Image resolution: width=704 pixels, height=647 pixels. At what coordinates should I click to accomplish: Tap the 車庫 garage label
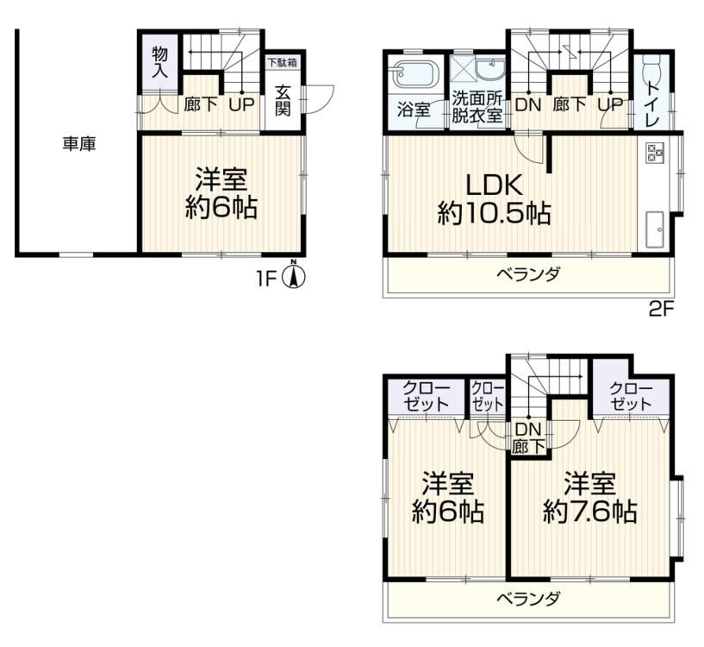[x=79, y=144]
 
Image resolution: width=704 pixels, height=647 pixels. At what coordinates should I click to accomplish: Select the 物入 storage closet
[x=159, y=62]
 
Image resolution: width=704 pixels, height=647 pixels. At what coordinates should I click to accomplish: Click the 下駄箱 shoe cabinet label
[x=283, y=61]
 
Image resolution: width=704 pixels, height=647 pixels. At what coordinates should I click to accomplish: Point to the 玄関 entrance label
[x=283, y=100]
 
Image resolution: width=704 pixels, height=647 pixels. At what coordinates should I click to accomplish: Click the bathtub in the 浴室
[x=414, y=74]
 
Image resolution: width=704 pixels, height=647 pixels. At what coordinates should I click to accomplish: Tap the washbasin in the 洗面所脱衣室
[x=490, y=70]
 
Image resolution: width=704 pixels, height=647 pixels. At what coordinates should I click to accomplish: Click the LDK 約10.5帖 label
[x=494, y=199]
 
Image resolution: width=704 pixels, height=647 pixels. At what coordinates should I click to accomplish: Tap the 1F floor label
[x=265, y=279]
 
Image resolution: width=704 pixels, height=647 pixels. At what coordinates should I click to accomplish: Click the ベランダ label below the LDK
[x=528, y=273]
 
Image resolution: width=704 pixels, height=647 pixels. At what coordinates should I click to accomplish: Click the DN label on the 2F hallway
[x=528, y=104]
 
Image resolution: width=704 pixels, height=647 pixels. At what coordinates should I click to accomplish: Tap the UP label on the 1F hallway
[x=241, y=104]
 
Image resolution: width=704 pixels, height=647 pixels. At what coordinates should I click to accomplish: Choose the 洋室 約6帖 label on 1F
[x=221, y=193]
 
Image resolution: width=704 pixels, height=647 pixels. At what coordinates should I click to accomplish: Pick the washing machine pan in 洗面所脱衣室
[x=462, y=70]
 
